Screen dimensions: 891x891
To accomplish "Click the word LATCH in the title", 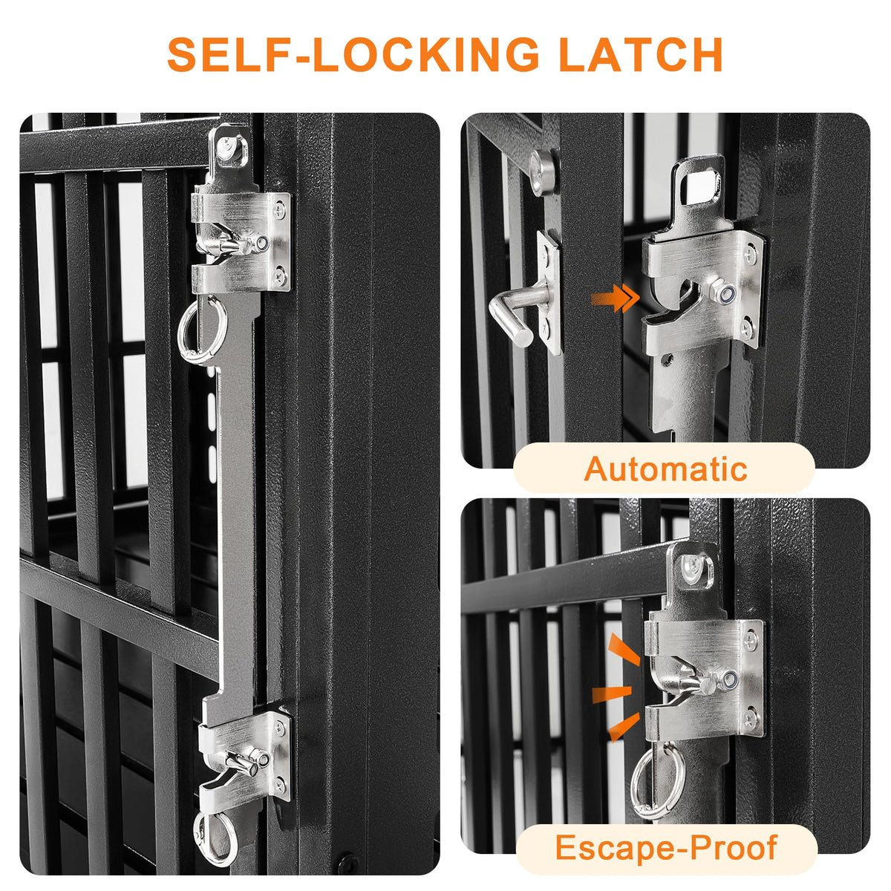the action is coord(640,54).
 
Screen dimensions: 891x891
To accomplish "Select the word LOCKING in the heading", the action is coord(426,54).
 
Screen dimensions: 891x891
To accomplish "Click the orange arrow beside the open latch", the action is coord(615,298).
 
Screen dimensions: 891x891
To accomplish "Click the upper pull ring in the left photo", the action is coord(203,330).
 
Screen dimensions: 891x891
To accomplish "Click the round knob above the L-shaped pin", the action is coord(543,172).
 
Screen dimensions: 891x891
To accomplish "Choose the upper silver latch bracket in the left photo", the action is coord(241,242).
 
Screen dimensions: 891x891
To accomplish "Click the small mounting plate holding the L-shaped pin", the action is coord(549,293).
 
